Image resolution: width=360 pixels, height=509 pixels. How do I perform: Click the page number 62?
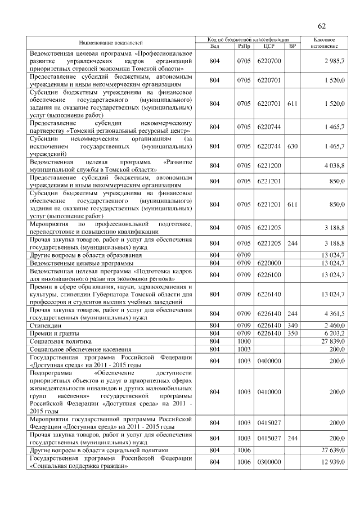click(x=322, y=26)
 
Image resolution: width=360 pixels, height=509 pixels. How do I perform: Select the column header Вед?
click(x=214, y=46)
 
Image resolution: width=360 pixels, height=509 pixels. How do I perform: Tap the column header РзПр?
click(x=244, y=46)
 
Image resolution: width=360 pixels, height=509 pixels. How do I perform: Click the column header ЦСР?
click(x=268, y=46)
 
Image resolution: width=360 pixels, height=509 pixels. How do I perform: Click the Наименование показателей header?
click(x=111, y=43)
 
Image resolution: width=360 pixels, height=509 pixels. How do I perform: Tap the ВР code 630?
click(x=292, y=146)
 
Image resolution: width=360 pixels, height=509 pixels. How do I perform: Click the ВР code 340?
click(x=292, y=325)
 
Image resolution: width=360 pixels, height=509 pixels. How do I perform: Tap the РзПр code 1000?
click(x=244, y=341)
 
